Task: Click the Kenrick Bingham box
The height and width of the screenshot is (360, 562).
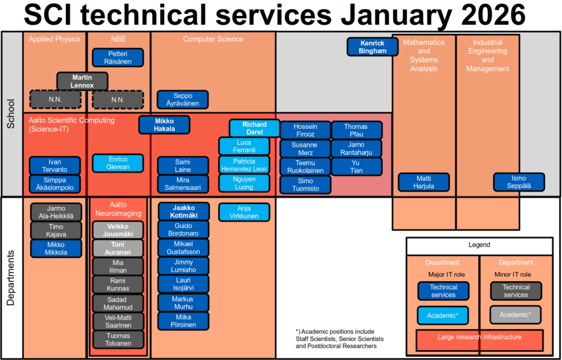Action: [x=372, y=47]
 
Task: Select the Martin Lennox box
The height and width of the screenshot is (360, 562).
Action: [x=82, y=81]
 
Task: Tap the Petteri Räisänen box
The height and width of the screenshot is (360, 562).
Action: [x=118, y=57]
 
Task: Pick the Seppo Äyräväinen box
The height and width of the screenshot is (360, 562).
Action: [x=182, y=100]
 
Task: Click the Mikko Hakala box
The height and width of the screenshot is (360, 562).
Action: [x=164, y=125]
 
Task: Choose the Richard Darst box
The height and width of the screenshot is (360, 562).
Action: [x=254, y=128]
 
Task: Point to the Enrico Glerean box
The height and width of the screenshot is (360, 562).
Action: [x=118, y=163]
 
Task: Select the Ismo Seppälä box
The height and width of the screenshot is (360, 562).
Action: [x=519, y=182]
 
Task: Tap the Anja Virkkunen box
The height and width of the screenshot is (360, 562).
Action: [x=244, y=213]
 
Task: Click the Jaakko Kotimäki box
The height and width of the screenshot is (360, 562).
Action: [x=183, y=211]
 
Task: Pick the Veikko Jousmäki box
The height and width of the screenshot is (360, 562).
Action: [x=118, y=231]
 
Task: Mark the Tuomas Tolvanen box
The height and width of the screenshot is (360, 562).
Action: [x=118, y=340]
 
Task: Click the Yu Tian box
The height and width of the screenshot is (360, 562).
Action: [x=356, y=166]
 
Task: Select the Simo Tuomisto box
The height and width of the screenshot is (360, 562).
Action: [x=306, y=184]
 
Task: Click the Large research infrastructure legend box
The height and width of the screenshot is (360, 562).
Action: [x=479, y=337]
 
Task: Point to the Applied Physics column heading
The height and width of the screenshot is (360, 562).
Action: [x=54, y=39]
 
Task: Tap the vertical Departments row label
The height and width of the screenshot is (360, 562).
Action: [x=10, y=277]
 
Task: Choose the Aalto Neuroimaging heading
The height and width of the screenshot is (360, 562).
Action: [x=118, y=208]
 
